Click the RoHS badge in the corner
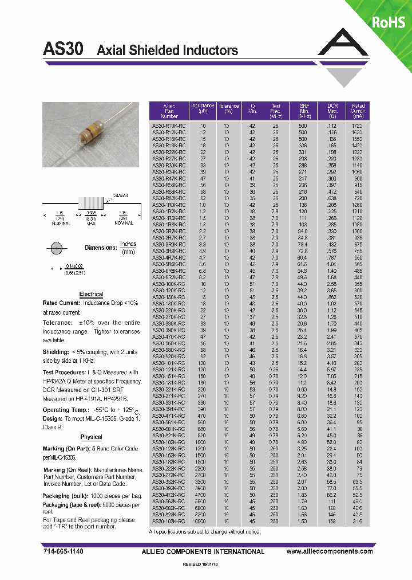[x=389, y=22]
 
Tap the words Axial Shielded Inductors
[x=167, y=50]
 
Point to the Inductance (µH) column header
[x=202, y=111]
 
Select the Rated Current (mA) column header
[x=358, y=111]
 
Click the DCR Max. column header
[x=332, y=111]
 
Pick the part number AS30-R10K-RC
[x=168, y=125]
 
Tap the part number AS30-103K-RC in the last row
[x=168, y=522]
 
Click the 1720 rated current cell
[x=358, y=125]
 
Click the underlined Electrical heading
[x=91, y=294]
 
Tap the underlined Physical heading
[x=91, y=437]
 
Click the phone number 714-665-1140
[x=63, y=551]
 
